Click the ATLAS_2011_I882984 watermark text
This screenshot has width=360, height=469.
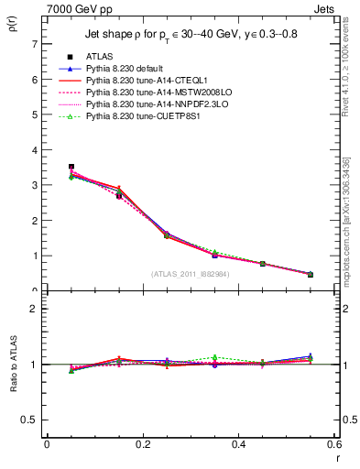pyautogui.click(x=191, y=274)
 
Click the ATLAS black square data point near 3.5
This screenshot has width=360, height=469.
pyautogui.click(x=71, y=167)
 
